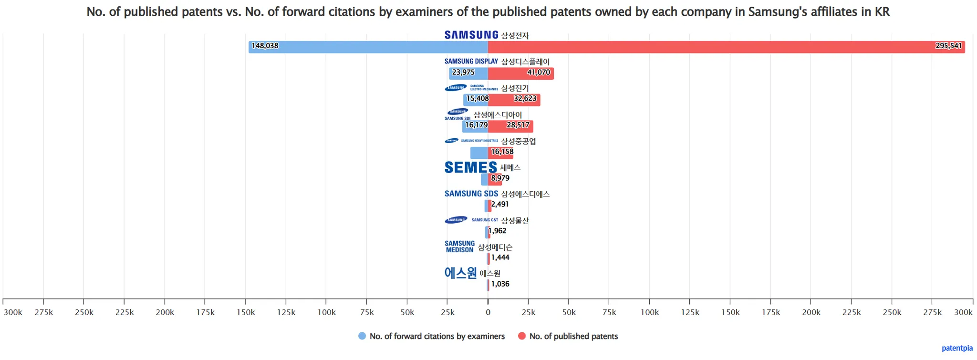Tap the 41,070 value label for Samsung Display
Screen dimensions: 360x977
click(538, 72)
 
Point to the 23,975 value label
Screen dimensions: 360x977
click(463, 72)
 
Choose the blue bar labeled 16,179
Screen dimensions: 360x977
click(475, 126)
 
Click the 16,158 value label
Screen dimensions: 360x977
click(502, 152)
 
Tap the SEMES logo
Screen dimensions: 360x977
click(470, 167)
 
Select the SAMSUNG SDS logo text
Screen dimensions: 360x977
click(471, 194)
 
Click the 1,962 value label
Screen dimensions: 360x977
click(498, 231)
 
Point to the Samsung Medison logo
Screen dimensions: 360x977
click(459, 247)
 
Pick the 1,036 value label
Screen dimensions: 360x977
click(500, 284)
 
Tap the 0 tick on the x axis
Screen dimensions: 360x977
click(488, 312)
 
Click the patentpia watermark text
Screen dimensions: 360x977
click(956, 348)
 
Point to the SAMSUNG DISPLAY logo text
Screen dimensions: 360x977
click(471, 62)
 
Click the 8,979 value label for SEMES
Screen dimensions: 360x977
click(500, 178)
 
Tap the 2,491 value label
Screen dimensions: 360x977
click(499, 204)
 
